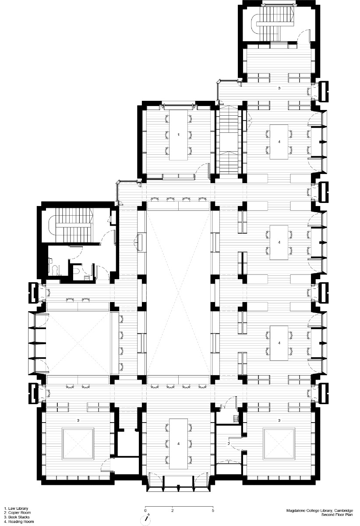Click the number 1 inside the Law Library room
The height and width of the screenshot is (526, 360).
178,135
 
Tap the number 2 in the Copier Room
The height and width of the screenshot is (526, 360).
229,444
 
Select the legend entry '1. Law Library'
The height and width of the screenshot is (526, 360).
17,509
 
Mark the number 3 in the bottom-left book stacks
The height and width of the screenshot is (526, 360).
78,420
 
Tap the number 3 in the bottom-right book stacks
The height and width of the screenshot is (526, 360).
279,420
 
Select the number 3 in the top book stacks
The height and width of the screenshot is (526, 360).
279,88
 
